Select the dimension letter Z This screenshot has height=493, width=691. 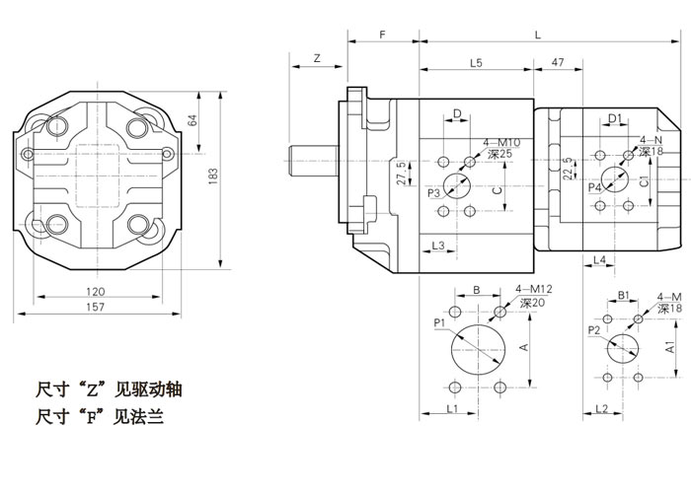pyautogui.click(x=317, y=60)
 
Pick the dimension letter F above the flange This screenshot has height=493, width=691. pyautogui.click(x=382, y=35)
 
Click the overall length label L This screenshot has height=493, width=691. pyautogui.click(x=538, y=35)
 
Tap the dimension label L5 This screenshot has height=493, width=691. pyautogui.click(x=476, y=63)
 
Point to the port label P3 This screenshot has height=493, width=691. pyautogui.click(x=433, y=194)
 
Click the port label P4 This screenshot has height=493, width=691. pyautogui.click(x=594, y=186)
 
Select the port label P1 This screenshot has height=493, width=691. pyautogui.click(x=439, y=322)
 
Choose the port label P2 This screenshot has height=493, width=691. pyautogui.click(x=593, y=328)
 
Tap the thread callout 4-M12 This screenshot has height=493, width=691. pyautogui.click(x=533, y=289)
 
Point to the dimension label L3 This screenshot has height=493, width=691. pyautogui.click(x=437, y=245)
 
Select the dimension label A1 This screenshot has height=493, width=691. pyautogui.click(x=670, y=347)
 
